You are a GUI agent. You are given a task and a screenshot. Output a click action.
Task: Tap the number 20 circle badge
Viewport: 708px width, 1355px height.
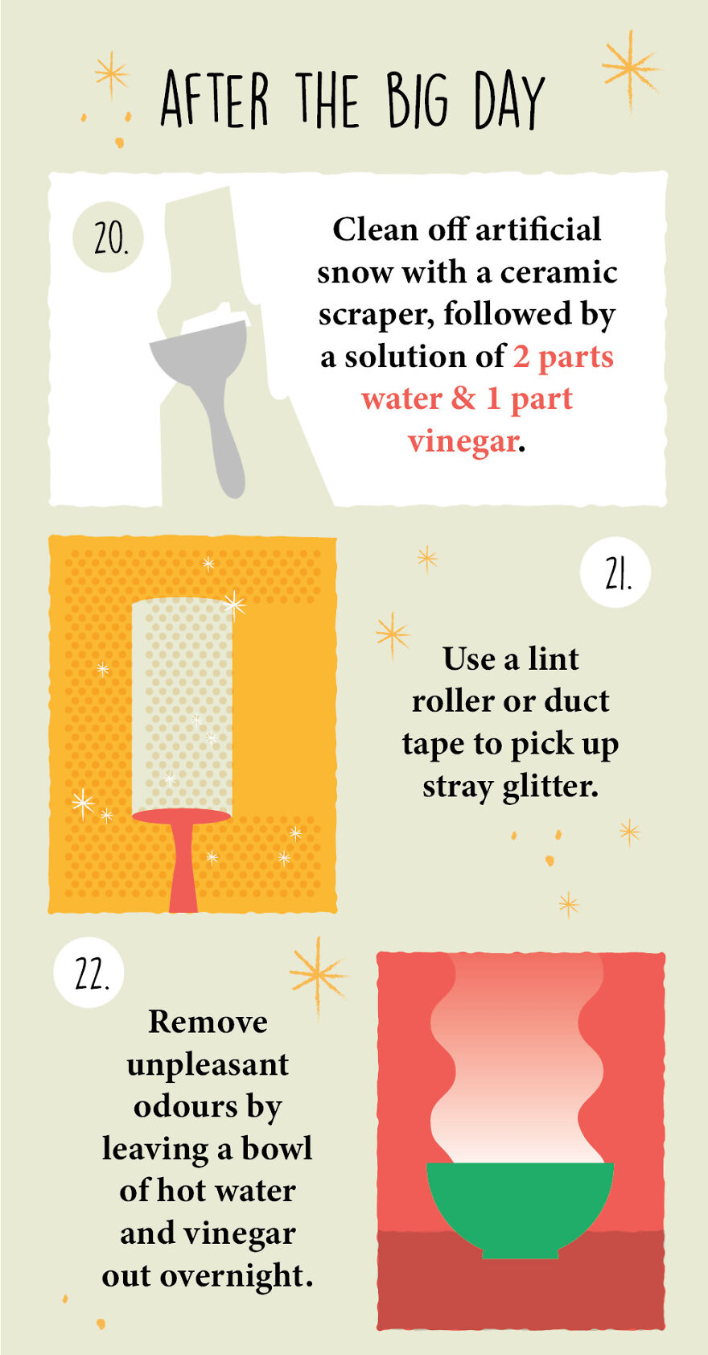pyautogui.click(x=108, y=238)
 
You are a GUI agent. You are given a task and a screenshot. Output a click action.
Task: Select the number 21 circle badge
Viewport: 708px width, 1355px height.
pyautogui.click(x=615, y=572)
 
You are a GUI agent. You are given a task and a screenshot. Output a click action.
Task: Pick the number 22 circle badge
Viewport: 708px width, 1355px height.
pyautogui.click(x=88, y=973)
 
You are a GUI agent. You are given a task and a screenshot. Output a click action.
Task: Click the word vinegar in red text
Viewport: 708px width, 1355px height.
pyautogui.click(x=463, y=441)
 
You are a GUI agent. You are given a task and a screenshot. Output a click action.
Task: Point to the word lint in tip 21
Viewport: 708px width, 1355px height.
pyautogui.click(x=554, y=659)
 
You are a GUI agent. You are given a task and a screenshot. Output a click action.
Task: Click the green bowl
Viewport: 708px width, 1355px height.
pyautogui.click(x=520, y=1204)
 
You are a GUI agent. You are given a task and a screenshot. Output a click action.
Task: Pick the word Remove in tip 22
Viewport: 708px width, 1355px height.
pyautogui.click(x=208, y=1022)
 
